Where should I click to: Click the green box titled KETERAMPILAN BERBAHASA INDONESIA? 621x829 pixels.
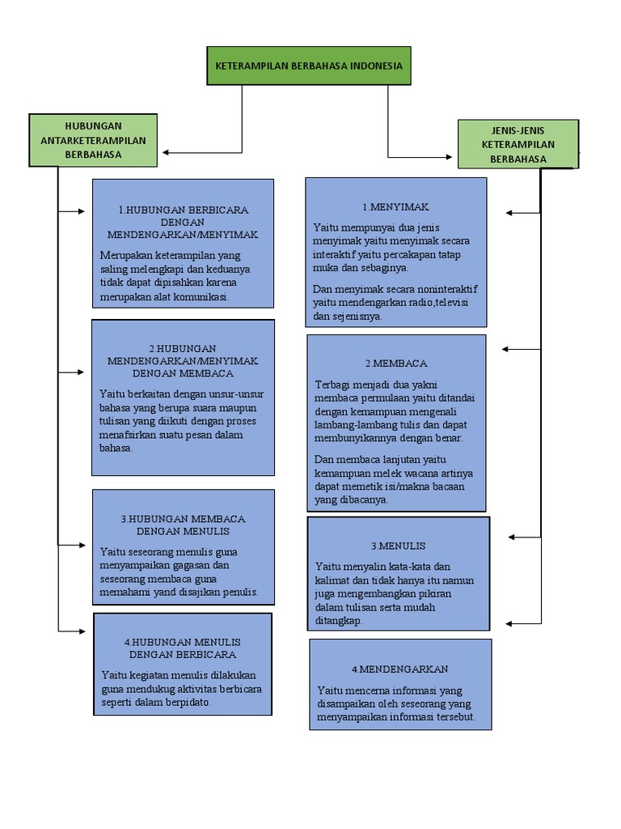click(x=308, y=66)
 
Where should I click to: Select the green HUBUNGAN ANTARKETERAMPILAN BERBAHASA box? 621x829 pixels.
click(x=93, y=140)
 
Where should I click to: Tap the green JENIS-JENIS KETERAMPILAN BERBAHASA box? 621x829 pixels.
click(x=517, y=144)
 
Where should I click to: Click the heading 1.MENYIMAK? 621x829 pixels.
click(x=395, y=207)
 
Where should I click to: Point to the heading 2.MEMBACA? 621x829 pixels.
click(x=396, y=363)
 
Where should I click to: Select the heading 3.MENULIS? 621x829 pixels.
click(x=398, y=546)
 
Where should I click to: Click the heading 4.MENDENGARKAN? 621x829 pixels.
click(x=399, y=670)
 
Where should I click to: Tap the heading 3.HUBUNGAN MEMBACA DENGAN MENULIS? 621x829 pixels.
click(x=183, y=525)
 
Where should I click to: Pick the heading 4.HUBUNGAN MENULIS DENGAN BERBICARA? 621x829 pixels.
click(x=183, y=648)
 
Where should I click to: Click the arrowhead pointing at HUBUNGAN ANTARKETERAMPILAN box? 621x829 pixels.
click(x=166, y=151)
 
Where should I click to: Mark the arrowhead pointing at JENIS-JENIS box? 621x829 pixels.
click(x=450, y=155)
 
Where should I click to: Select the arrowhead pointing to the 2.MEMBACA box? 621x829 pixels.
click(x=506, y=349)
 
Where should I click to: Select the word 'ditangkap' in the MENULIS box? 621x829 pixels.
click(x=337, y=620)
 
